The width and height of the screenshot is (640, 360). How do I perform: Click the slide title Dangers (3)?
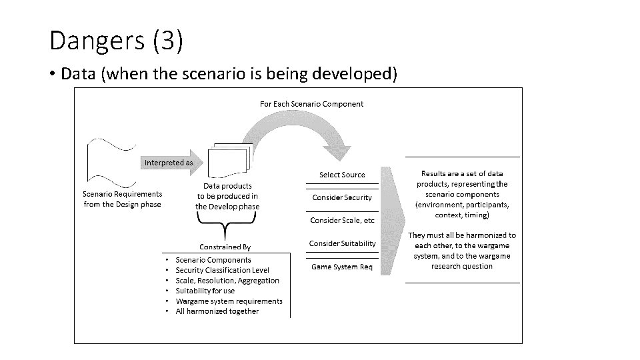pyautogui.click(x=116, y=41)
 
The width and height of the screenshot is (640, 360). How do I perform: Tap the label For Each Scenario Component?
pyautogui.click(x=311, y=104)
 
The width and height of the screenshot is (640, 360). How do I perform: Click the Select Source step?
pyautogui.click(x=342, y=175)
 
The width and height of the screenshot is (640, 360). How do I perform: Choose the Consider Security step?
pyautogui.click(x=342, y=197)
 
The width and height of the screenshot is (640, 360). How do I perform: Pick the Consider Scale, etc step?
pyautogui.click(x=342, y=220)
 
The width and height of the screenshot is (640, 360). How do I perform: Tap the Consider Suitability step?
pyautogui.click(x=342, y=243)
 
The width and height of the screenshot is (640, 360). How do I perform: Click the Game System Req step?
pyautogui.click(x=342, y=267)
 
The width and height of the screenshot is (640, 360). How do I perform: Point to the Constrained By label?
pyautogui.click(x=225, y=247)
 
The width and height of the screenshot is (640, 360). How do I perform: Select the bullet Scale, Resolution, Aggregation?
pyautogui.click(x=227, y=281)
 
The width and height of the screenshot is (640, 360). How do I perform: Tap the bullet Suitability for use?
pyautogui.click(x=205, y=291)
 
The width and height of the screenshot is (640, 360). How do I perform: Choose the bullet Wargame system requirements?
pyautogui.click(x=229, y=301)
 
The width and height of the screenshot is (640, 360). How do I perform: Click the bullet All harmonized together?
pyautogui.click(x=217, y=311)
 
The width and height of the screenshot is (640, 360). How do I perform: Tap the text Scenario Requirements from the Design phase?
pyautogui.click(x=122, y=199)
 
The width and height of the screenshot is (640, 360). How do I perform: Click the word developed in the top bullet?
pyautogui.click(x=359, y=73)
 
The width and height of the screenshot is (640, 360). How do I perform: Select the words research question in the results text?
pyautogui.click(x=462, y=266)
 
